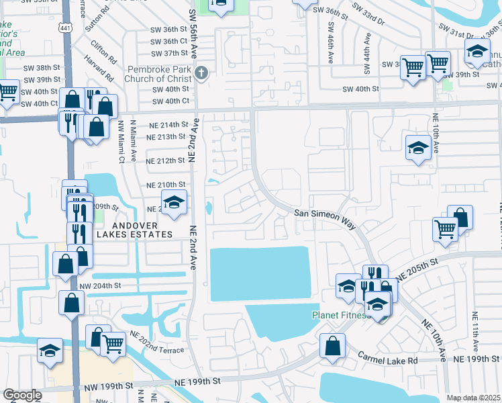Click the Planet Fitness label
341,316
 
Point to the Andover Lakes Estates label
134,230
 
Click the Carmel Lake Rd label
387,359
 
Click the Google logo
21,396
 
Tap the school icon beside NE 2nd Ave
173,202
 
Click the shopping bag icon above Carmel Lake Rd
332,347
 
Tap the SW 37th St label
168,53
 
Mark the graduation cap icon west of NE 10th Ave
418,148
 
